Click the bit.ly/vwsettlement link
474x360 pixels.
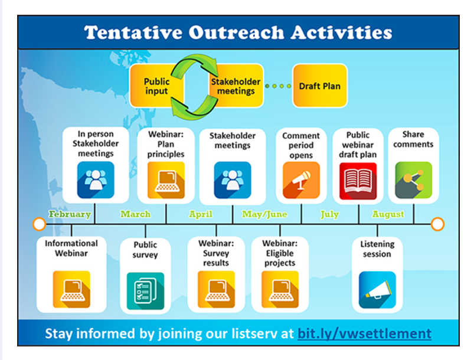(364, 333)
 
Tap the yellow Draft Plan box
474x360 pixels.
(320, 86)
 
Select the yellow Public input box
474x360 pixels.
(156, 86)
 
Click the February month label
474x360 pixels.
(70, 214)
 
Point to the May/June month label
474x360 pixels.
(264, 214)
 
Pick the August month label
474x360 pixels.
(388, 214)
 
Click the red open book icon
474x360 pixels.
(358, 181)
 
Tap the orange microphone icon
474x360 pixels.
(301, 180)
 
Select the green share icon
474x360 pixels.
(414, 180)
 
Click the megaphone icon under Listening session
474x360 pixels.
(377, 290)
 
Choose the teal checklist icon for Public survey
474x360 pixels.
(145, 291)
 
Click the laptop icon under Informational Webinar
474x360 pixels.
(71, 289)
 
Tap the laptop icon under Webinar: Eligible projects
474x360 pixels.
(280, 289)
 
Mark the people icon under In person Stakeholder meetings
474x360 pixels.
(96, 180)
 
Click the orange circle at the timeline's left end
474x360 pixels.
(40, 224)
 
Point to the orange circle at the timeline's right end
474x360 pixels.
(437, 224)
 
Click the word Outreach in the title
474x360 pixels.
(236, 32)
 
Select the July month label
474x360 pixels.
(329, 215)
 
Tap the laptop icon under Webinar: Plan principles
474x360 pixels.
(166, 180)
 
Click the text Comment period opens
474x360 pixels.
(301, 145)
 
